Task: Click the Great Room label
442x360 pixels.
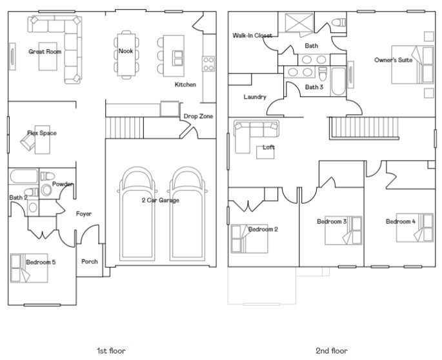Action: click(45, 52)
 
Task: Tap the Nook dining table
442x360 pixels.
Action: click(126, 55)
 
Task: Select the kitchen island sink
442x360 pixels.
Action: click(177, 58)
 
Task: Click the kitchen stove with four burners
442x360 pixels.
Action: click(208, 64)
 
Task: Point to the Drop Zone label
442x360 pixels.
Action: click(198, 116)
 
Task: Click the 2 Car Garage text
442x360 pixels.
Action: click(161, 200)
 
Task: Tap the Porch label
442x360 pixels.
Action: click(89, 262)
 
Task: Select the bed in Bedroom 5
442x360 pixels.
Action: click(29, 268)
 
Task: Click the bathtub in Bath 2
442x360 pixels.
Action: click(24, 177)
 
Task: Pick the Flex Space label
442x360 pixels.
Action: click(42, 133)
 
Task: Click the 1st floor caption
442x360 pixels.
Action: click(111, 351)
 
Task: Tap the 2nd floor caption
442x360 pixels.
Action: click(332, 351)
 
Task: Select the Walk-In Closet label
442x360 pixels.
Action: click(252, 35)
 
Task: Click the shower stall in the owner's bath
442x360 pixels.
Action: click(299, 23)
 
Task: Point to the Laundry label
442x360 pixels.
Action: click(255, 97)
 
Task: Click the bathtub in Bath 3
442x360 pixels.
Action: click(339, 81)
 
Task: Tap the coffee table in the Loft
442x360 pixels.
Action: click(265, 152)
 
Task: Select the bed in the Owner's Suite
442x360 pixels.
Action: click(412, 65)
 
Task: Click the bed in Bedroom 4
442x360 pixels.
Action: click(415, 228)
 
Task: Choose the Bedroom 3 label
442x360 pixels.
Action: click(332, 221)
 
